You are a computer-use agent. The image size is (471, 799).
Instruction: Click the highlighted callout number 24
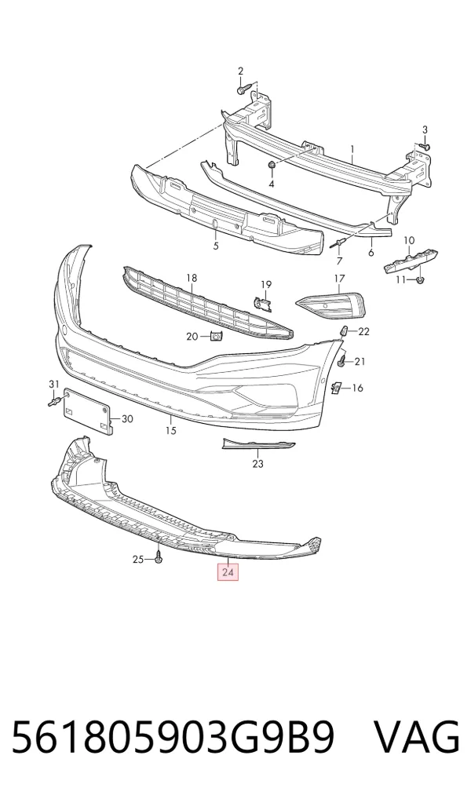coord(228,572)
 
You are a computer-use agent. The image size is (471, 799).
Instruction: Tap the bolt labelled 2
coord(244,89)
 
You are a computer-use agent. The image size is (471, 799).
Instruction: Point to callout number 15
coord(171,431)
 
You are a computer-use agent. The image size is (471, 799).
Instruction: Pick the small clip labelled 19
coord(263,304)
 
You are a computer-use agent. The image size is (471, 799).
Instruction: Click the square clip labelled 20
coord(217,336)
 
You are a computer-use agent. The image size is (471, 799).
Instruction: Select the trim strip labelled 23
coord(258,445)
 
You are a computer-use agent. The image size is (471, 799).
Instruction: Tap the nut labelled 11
coord(420,279)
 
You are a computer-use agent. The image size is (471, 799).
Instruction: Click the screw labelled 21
coord(342,361)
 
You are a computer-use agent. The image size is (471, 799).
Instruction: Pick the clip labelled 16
coord(336,389)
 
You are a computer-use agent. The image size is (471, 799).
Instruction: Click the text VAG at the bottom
coord(418,738)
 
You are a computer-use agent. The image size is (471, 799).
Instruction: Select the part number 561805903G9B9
coord(172,738)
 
